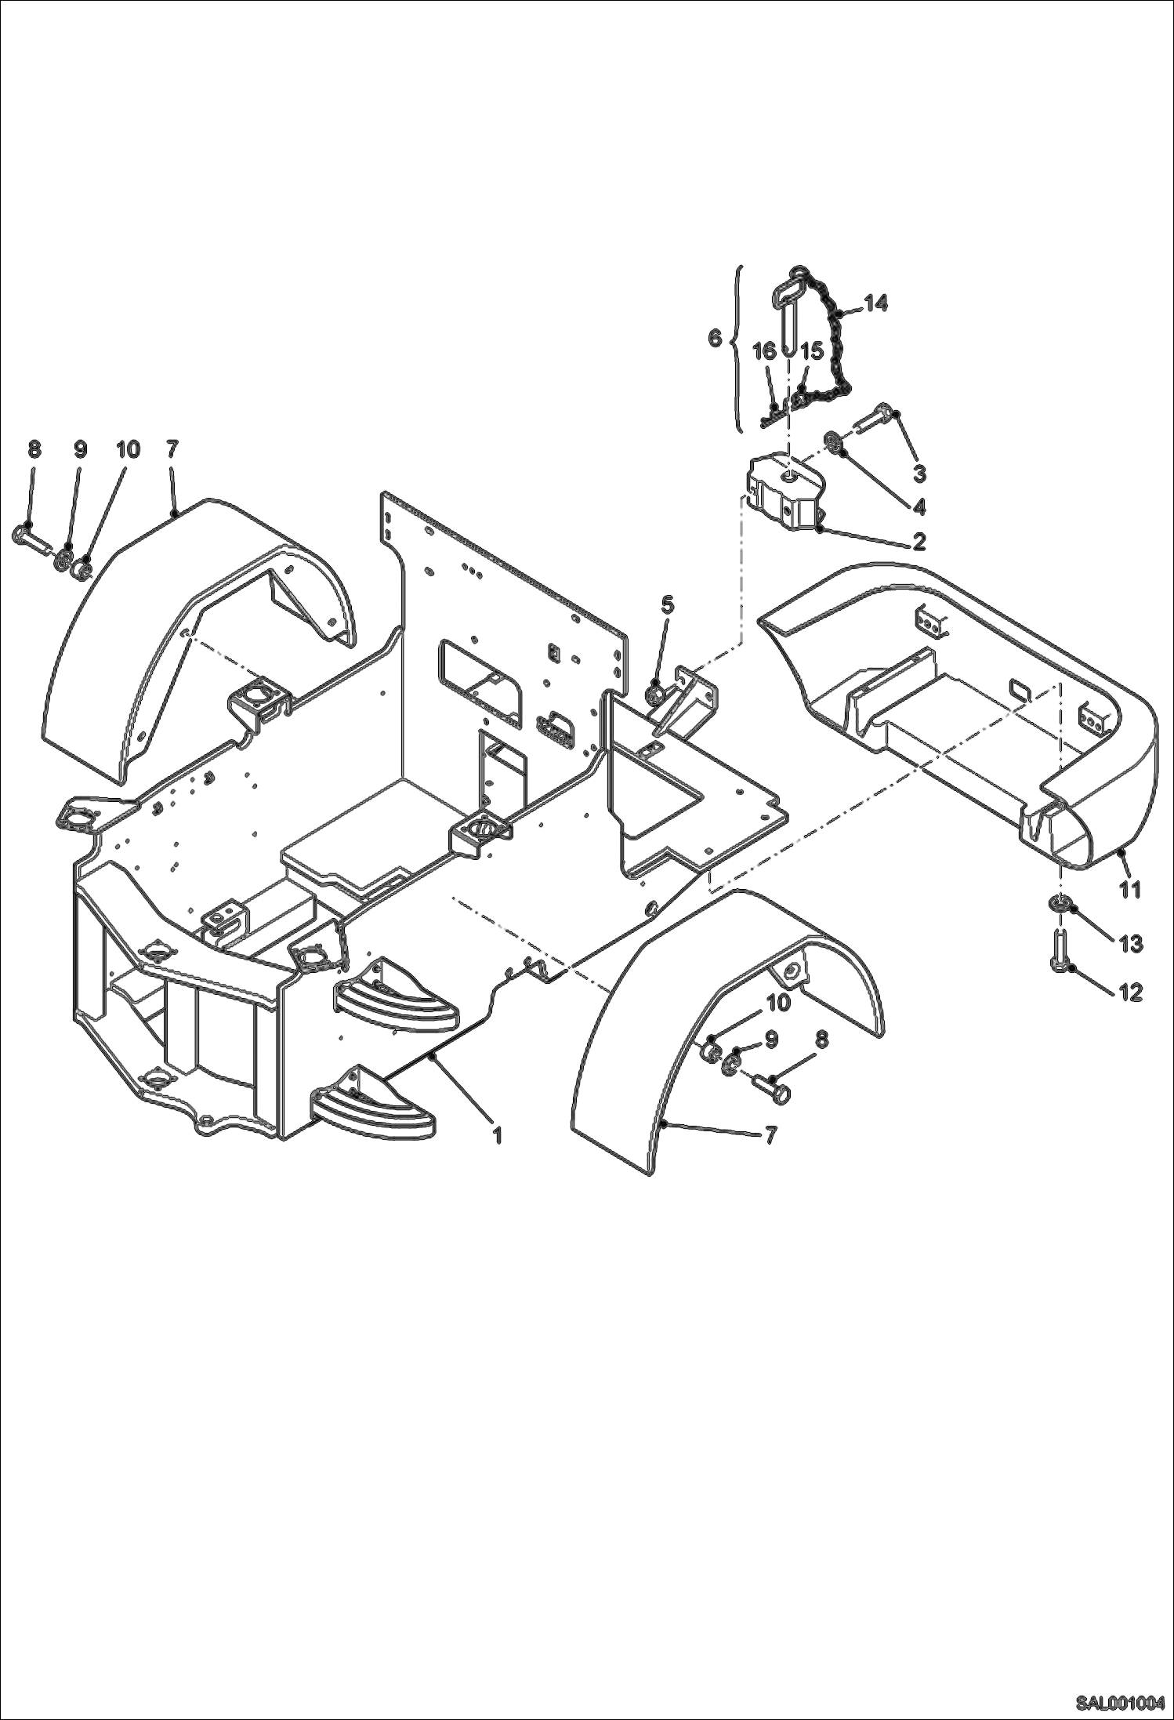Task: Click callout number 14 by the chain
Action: pyautogui.click(x=875, y=303)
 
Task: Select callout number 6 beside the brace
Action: pyautogui.click(x=714, y=338)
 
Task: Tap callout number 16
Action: pyautogui.click(x=765, y=350)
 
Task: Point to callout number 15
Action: pyautogui.click(x=811, y=350)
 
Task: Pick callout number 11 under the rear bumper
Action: pyautogui.click(x=1129, y=889)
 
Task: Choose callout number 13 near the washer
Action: pyautogui.click(x=1130, y=944)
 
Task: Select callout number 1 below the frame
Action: pyautogui.click(x=497, y=1134)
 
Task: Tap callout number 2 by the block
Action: pyautogui.click(x=918, y=541)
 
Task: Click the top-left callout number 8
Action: pyautogui.click(x=34, y=449)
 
